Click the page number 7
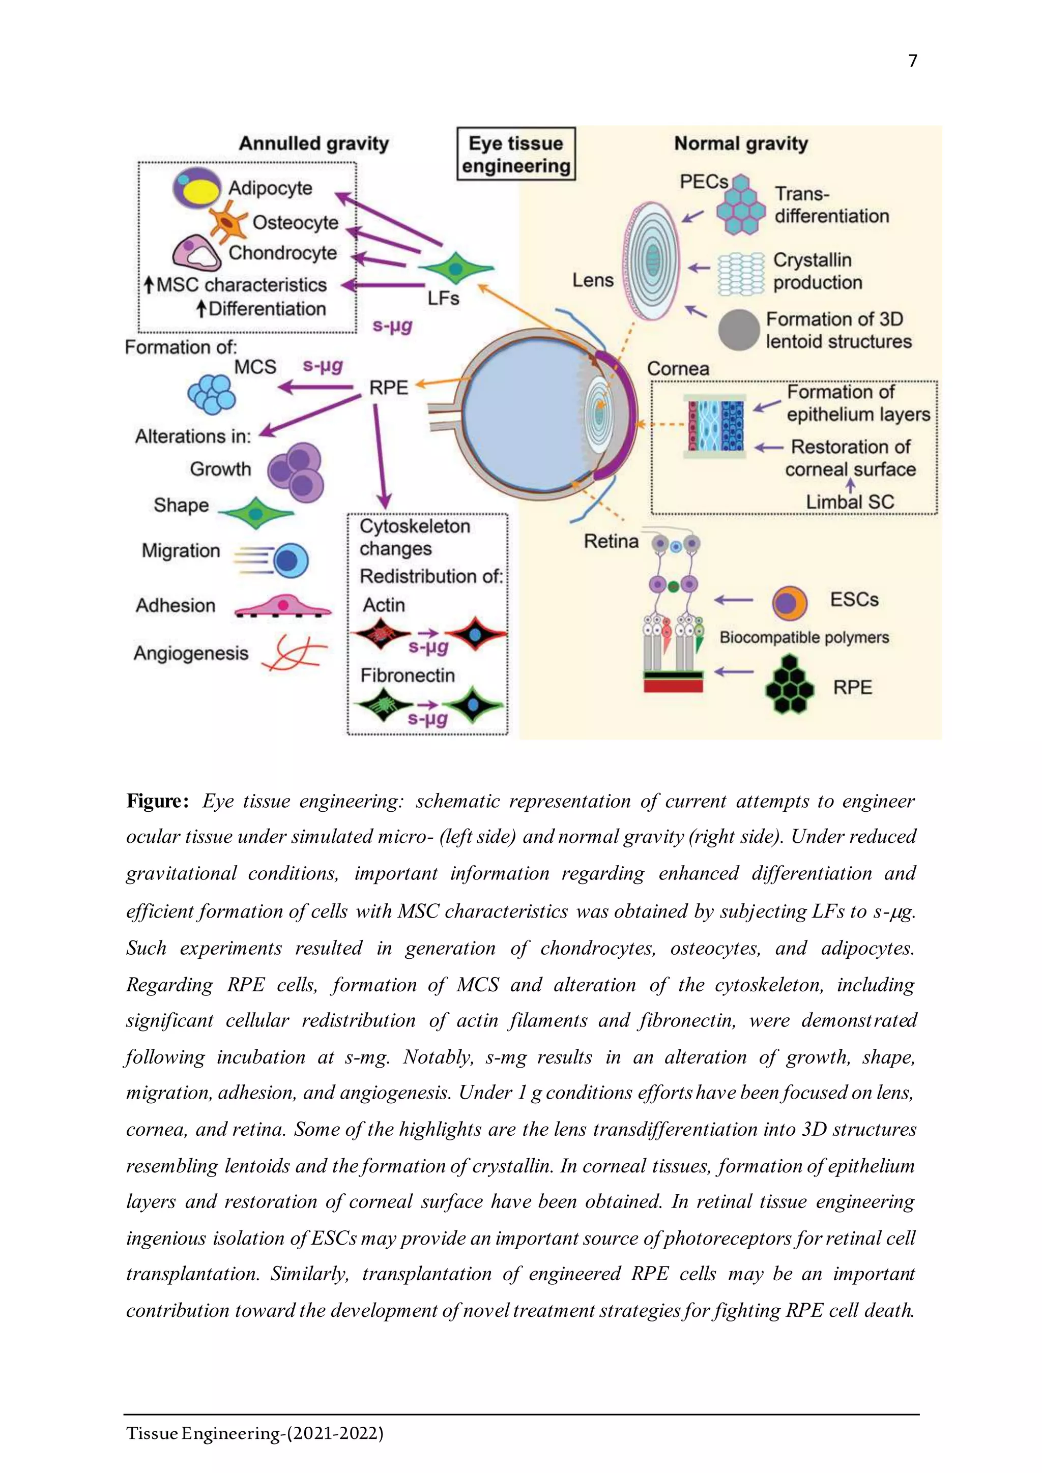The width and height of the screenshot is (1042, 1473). [912, 61]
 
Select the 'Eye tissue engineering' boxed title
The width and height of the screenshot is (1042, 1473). [516, 155]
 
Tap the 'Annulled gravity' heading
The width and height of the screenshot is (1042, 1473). [314, 143]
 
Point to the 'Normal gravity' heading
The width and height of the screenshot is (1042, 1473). [741, 143]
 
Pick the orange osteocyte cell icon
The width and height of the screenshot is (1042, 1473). [228, 223]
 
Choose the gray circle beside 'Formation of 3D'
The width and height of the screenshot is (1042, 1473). [739, 330]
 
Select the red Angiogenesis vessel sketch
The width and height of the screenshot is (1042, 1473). [295, 653]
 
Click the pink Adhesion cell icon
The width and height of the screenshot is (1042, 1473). [283, 606]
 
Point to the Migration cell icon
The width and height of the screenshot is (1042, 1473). [272, 559]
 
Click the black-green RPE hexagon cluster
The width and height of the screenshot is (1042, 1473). [790, 685]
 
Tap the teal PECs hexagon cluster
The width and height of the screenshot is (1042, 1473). [740, 204]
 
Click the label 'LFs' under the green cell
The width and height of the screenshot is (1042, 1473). [443, 299]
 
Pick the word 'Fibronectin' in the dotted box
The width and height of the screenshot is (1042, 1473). [408, 675]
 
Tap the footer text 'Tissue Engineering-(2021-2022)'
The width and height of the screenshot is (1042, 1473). [255, 1433]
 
